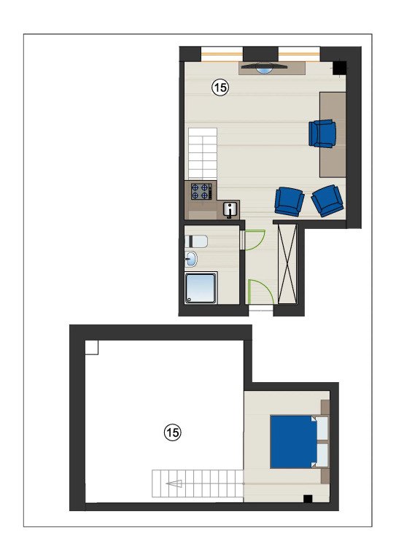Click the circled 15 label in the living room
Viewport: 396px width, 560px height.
pyautogui.click(x=220, y=87)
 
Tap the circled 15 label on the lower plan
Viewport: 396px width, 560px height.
pyautogui.click(x=172, y=432)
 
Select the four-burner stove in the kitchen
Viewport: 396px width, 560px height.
pyautogui.click(x=201, y=191)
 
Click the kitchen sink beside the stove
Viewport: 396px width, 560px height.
pyautogui.click(x=230, y=209)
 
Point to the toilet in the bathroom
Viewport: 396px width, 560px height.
pyautogui.click(x=196, y=241)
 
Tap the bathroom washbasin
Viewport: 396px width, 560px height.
pyautogui.click(x=191, y=259)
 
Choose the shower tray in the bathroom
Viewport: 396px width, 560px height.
pyautogui.click(x=201, y=288)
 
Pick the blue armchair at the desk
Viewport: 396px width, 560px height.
pyautogui.click(x=322, y=133)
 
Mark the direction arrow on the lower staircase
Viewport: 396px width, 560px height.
pyautogui.click(x=174, y=483)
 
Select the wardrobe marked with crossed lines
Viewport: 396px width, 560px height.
pyautogui.click(x=287, y=264)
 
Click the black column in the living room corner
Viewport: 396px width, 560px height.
pyautogui.click(x=339, y=69)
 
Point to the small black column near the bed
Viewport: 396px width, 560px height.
pyautogui.click(x=308, y=499)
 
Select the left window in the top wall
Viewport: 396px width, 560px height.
pyautogui.click(x=222, y=54)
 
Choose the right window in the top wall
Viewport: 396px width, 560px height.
pyautogui.click(x=299, y=54)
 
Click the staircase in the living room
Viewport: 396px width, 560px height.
pyautogui.click(x=203, y=154)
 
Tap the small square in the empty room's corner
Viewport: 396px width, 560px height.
pyautogui.click(x=91, y=348)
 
